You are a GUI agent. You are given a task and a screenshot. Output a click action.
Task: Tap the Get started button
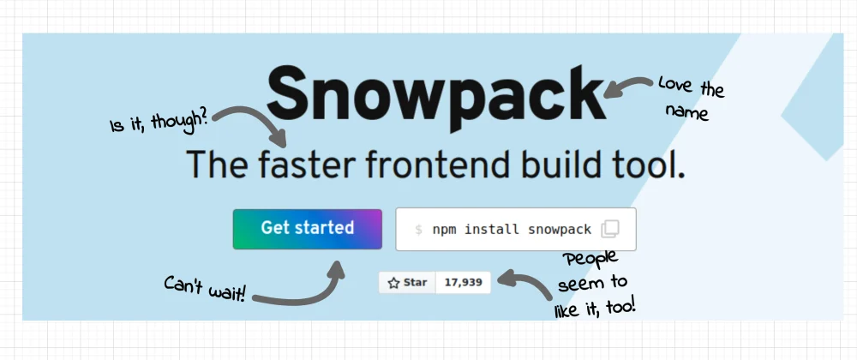pyautogui.click(x=307, y=229)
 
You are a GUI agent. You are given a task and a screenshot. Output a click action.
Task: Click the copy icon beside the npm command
pyautogui.click(x=610, y=229)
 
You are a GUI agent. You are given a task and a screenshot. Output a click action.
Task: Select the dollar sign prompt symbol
pyautogui.click(x=419, y=230)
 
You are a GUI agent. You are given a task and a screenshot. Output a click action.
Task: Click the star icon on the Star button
pyautogui.click(x=393, y=283)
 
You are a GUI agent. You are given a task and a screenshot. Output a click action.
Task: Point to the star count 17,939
pyautogui.click(x=463, y=283)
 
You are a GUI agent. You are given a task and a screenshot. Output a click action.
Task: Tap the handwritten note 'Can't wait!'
pyautogui.click(x=205, y=289)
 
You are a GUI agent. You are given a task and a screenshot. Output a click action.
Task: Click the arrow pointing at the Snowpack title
pyautogui.click(x=628, y=87)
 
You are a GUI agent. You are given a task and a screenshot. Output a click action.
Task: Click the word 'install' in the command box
pyautogui.click(x=492, y=230)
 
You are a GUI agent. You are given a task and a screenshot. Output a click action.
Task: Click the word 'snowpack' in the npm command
pyautogui.click(x=560, y=230)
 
